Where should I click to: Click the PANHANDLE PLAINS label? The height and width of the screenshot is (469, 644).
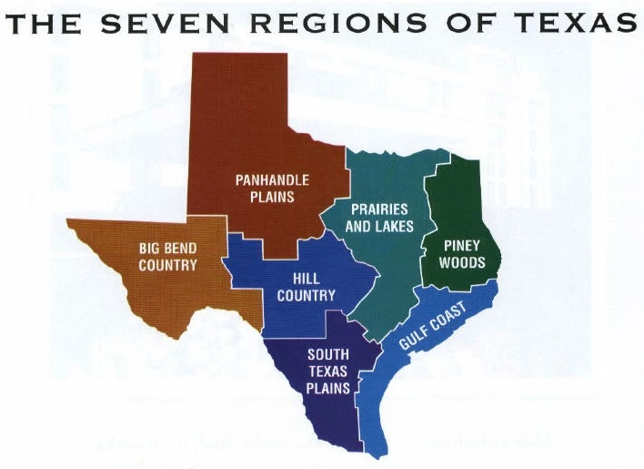pos(272,188)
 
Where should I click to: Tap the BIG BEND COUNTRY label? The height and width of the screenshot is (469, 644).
pos(167,256)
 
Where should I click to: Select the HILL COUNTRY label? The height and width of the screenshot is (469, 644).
pos(306,287)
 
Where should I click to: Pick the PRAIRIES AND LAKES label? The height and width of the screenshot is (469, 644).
pos(379,218)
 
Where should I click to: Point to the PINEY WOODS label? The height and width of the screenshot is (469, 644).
pos(461,254)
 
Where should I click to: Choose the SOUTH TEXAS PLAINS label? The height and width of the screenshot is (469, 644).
pos(328,371)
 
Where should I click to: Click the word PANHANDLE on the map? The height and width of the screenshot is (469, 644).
pos(272,180)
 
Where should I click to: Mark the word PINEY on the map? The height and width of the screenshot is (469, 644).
pos(461,246)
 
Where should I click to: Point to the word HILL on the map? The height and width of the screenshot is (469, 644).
pos(306,279)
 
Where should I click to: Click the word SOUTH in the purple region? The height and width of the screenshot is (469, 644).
pos(328,354)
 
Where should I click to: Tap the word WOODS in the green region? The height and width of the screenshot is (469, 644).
pos(461,263)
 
